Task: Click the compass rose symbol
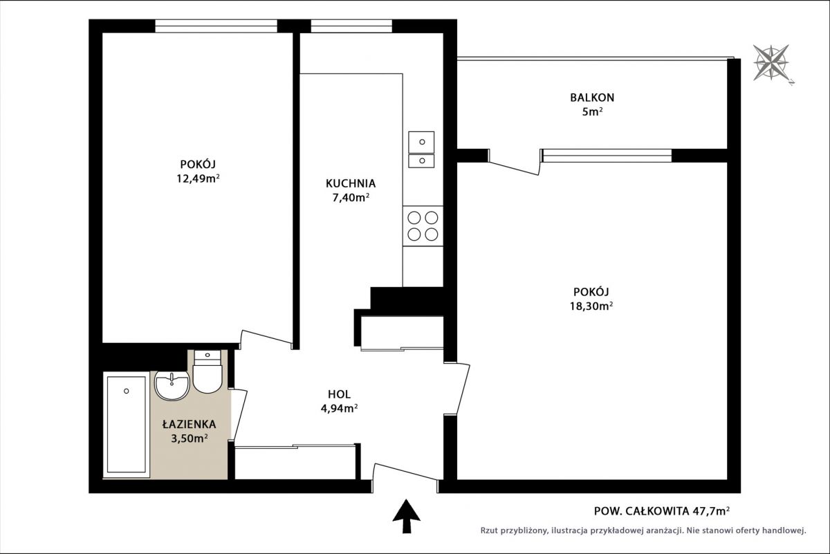pyautogui.click(x=771, y=63)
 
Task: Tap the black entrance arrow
pyautogui.click(x=407, y=516)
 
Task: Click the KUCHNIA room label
pyautogui.click(x=351, y=183)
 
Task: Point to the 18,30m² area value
pyautogui.click(x=591, y=306)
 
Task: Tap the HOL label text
pyautogui.click(x=339, y=394)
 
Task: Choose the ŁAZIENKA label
pyautogui.click(x=189, y=424)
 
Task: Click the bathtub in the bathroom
pyautogui.click(x=127, y=425)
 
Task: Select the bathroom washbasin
pyautogui.click(x=172, y=386)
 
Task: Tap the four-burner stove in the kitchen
pyautogui.click(x=423, y=226)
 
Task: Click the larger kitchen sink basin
pyautogui.click(x=421, y=142)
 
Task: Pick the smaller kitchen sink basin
pyautogui.click(x=421, y=161)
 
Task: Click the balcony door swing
pyautogui.click(x=515, y=163)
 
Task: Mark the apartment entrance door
pyautogui.click(x=405, y=477)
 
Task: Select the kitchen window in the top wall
pyautogui.click(x=351, y=26)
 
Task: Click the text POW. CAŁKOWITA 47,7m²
pyautogui.click(x=662, y=511)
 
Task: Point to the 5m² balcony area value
pyautogui.click(x=592, y=111)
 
